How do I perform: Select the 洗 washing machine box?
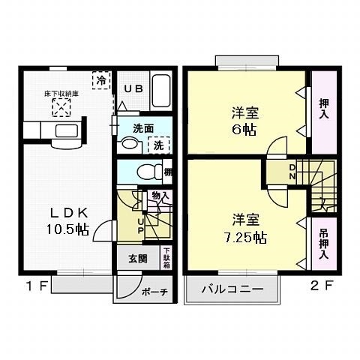[x=159, y=144]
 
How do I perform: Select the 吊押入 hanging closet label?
[x=323, y=243]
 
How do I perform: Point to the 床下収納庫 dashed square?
[x=60, y=109]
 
